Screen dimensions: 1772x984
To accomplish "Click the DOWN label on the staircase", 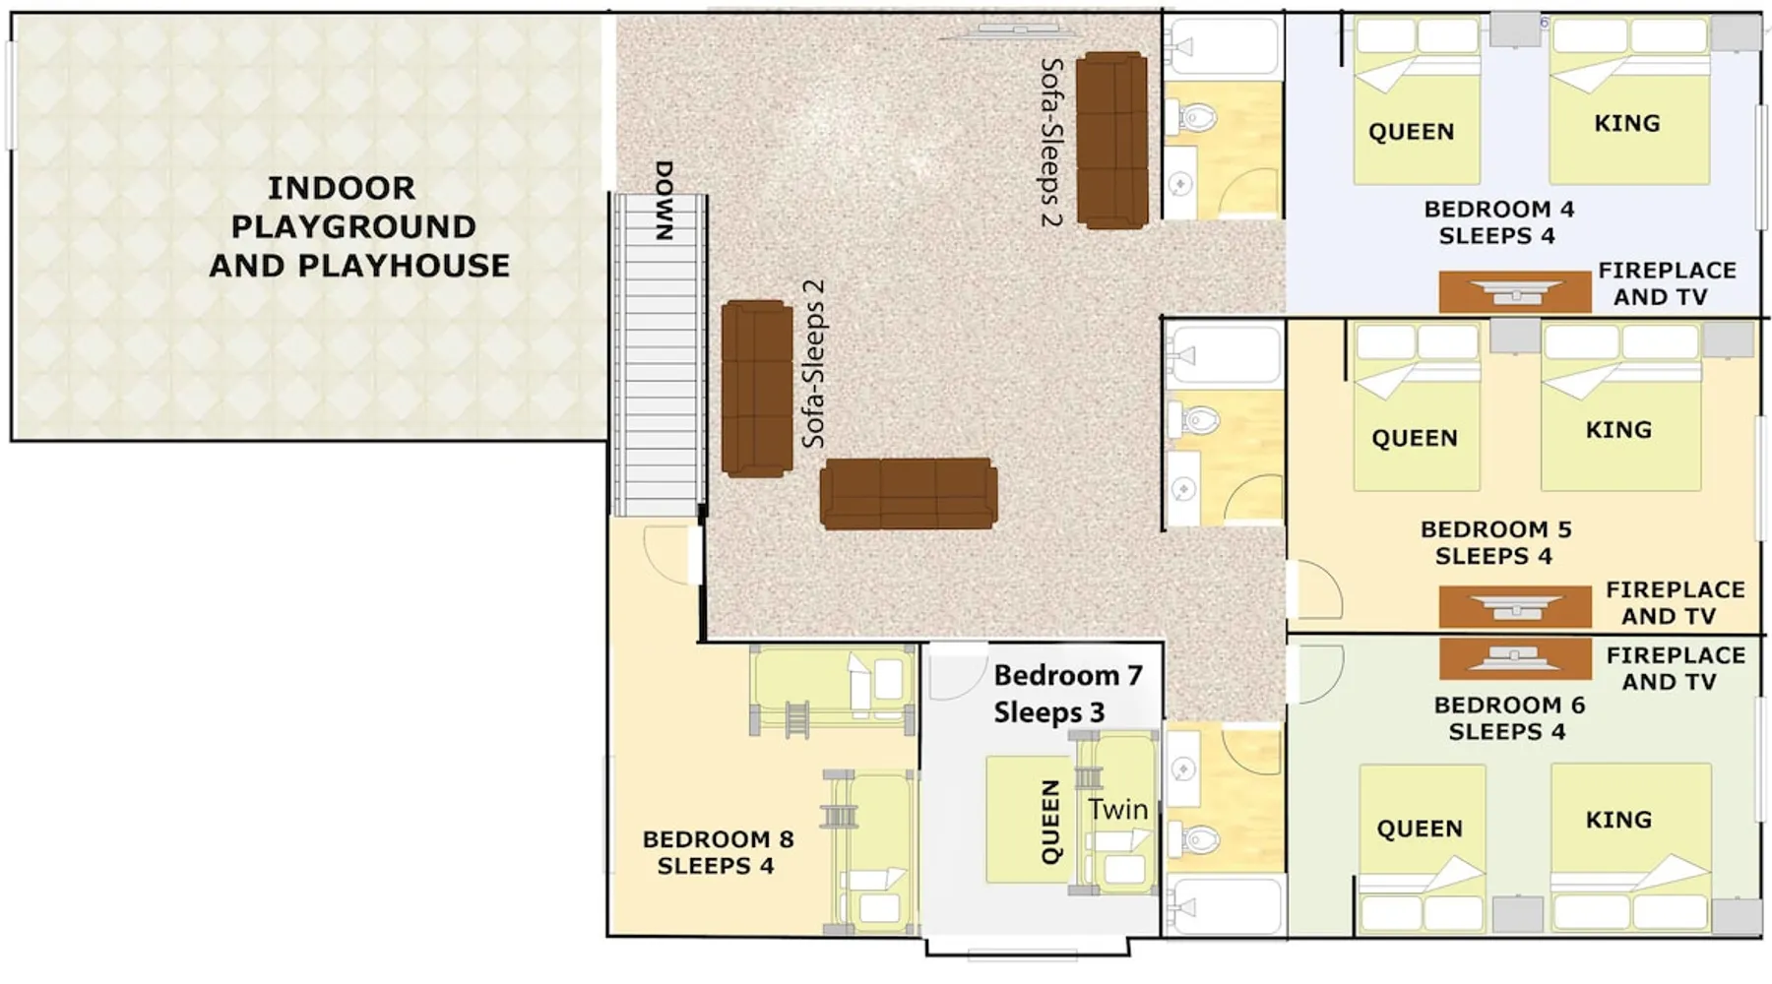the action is [x=664, y=200].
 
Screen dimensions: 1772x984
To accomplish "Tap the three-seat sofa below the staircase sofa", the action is [x=909, y=493].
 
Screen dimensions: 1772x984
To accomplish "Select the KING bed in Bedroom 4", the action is [x=1629, y=101].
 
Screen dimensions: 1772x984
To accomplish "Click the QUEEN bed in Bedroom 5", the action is [x=1417, y=407].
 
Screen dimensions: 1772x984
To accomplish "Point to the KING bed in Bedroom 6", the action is [x=1631, y=846].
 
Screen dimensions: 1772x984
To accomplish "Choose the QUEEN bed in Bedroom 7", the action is [x=1030, y=819].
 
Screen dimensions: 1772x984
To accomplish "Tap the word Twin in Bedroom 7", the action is [x=1118, y=809].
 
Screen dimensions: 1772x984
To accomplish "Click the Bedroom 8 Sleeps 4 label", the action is [x=718, y=852].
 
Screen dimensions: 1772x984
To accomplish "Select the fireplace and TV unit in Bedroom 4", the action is [x=1514, y=292].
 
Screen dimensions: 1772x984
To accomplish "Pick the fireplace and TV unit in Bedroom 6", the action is [x=1514, y=658].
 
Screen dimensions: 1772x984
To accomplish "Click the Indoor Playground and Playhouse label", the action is [x=358, y=226].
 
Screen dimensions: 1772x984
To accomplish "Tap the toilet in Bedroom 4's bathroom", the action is [x=1193, y=118].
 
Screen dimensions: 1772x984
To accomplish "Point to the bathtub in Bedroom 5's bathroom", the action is [x=1224, y=354].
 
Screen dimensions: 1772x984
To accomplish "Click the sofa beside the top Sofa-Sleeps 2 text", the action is [x=1111, y=141].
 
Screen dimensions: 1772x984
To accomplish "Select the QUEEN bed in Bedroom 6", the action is [x=1422, y=847].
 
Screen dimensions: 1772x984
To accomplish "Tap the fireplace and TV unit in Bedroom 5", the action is [x=1514, y=606].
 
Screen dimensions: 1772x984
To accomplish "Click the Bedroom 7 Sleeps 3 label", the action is [x=1067, y=694].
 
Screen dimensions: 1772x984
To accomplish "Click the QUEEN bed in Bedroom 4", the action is [x=1417, y=101].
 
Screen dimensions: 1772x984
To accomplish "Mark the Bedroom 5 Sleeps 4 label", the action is [x=1495, y=542].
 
